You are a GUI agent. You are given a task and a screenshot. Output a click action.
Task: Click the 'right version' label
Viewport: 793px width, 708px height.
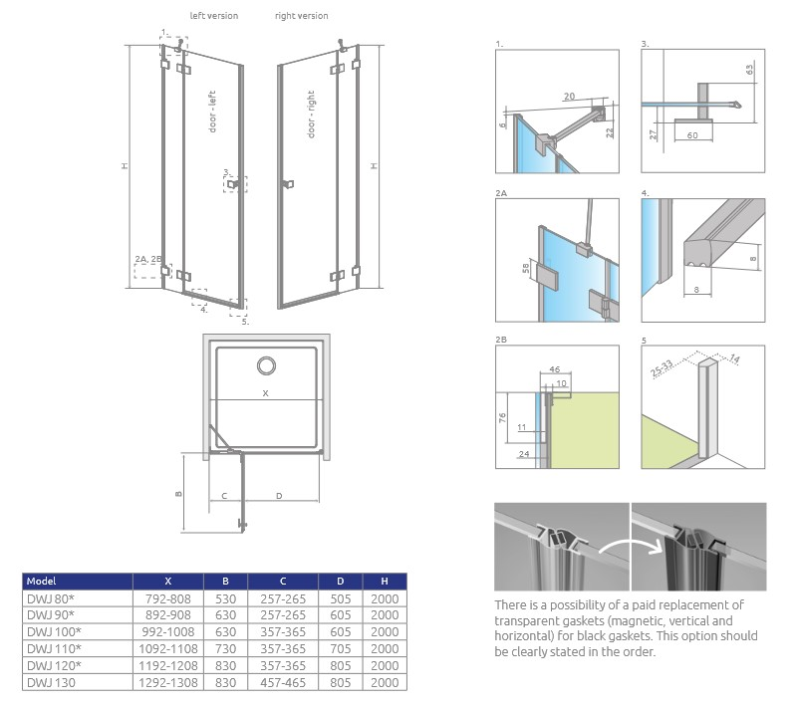(301, 16)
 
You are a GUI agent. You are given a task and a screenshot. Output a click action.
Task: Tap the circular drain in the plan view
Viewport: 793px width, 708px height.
(267, 365)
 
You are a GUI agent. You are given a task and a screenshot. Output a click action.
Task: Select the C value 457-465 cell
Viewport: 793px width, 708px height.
(283, 682)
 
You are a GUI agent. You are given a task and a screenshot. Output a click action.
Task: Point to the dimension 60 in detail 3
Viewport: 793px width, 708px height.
(691, 134)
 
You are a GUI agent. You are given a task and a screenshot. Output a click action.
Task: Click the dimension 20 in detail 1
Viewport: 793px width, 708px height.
(568, 97)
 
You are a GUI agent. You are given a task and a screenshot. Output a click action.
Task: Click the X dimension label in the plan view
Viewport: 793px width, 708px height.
(265, 393)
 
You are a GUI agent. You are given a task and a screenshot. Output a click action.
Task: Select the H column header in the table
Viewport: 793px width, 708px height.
(385, 581)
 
